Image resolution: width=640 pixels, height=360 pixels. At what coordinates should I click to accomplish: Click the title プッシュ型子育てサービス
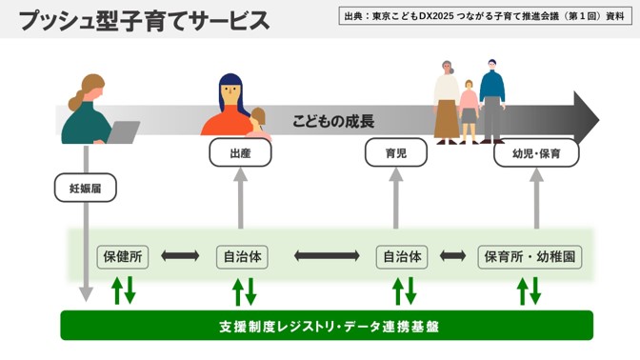(143, 21)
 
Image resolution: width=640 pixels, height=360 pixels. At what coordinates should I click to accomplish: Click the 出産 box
(240, 152)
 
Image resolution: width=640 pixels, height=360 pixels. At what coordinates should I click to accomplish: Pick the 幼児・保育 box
(536, 152)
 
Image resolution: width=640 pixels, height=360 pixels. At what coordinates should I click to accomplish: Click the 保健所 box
(123, 256)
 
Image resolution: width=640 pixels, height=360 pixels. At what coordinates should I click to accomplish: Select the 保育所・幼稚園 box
(530, 256)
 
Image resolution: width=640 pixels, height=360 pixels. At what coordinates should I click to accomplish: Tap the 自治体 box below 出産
(241, 256)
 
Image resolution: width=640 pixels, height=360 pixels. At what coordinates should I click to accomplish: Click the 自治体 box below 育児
(403, 256)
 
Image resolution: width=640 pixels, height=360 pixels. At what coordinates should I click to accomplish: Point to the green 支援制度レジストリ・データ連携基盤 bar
(327, 326)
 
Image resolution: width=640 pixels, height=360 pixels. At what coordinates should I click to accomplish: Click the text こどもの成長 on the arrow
(333, 122)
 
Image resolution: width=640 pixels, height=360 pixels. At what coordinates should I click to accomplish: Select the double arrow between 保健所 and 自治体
(180, 256)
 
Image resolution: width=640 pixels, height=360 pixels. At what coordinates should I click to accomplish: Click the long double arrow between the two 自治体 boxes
(323, 256)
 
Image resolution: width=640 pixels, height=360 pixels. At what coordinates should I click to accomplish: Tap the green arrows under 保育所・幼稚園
(530, 290)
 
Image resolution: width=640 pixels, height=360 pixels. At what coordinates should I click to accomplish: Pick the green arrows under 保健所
(123, 290)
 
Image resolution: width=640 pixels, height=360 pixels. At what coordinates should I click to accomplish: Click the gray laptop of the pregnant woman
(124, 131)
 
